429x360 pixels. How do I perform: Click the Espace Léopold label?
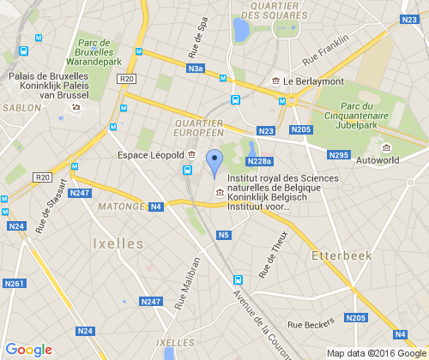tap(150, 155)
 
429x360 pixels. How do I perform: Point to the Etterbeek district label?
tap(339, 255)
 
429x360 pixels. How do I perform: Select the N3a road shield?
tap(196, 69)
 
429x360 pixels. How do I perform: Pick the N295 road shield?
tap(339, 155)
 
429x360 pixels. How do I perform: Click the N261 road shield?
tap(14, 284)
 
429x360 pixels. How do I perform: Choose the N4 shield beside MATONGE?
tap(156, 207)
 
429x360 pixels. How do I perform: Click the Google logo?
tap(29, 349)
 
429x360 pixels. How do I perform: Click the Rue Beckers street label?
tap(311, 325)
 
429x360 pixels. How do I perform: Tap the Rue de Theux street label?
tap(275, 250)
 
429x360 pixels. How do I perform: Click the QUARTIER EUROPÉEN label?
tap(199, 128)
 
